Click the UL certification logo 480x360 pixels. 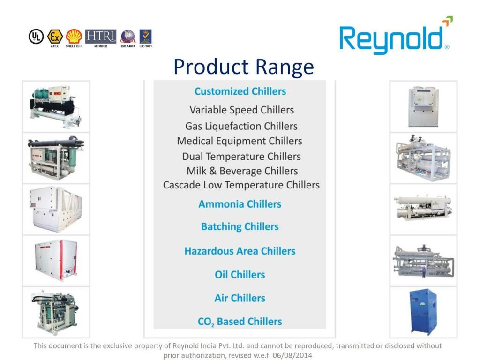tap(36, 37)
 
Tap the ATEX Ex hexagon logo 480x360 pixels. tap(55, 36)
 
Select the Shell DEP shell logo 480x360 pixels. tap(74, 36)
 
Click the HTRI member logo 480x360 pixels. tap(100, 36)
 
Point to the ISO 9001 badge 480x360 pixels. tap(145, 37)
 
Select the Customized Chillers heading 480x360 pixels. tap(240, 91)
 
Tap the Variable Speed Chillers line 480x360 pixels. tap(241, 110)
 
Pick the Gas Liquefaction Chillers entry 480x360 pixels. tap(241, 126)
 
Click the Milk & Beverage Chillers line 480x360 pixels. tap(242, 171)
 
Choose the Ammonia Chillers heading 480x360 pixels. tap(240, 204)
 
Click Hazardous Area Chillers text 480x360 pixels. tap(240, 251)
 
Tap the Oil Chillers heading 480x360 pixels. tap(240, 275)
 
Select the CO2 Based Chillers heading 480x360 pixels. tap(240, 322)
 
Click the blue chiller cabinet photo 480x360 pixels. tap(423, 312)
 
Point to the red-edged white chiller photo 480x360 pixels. tap(56, 260)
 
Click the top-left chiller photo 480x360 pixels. tap(56, 106)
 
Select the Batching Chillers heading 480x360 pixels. tap(240, 227)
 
